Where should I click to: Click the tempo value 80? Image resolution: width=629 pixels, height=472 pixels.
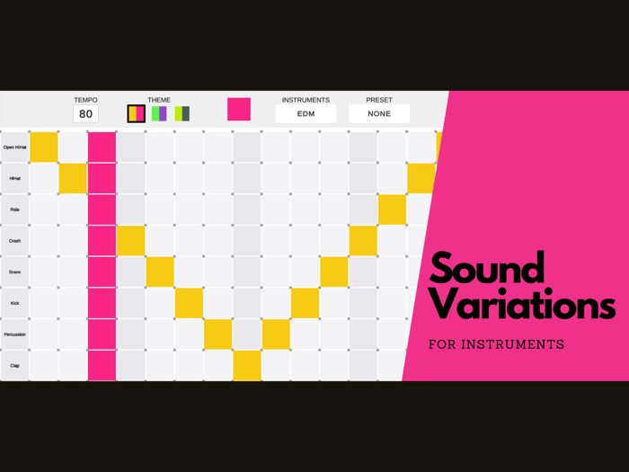[85, 114]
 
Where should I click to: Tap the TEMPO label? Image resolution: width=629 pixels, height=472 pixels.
[85, 100]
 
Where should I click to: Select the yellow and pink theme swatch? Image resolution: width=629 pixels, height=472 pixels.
[136, 113]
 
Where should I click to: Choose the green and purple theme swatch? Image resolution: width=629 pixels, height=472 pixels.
[159, 113]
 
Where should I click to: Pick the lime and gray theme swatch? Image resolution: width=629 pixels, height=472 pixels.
[182, 113]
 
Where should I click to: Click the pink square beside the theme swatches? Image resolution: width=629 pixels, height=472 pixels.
[239, 109]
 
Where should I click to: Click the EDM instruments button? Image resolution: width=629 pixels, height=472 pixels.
[306, 114]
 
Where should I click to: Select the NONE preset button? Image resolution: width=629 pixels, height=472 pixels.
[379, 114]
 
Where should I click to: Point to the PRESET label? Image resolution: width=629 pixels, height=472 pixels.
[379, 100]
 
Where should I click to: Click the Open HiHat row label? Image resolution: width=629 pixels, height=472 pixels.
[14, 147]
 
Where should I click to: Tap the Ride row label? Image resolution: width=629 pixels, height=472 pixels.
[14, 209]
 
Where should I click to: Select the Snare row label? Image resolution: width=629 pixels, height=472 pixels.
[14, 272]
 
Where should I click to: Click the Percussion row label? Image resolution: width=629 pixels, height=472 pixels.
[14, 334]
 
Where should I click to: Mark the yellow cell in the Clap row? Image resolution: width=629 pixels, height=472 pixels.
[247, 365]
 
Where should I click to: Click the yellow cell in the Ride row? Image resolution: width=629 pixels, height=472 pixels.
[392, 209]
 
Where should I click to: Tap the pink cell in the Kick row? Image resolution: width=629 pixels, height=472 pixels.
[102, 303]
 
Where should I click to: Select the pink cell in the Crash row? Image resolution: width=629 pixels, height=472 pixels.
[102, 241]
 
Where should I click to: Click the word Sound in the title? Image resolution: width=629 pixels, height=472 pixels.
[487, 268]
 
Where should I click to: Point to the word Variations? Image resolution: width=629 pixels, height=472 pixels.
[521, 306]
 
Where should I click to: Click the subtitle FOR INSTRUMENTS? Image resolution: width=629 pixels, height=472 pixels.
[496, 344]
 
